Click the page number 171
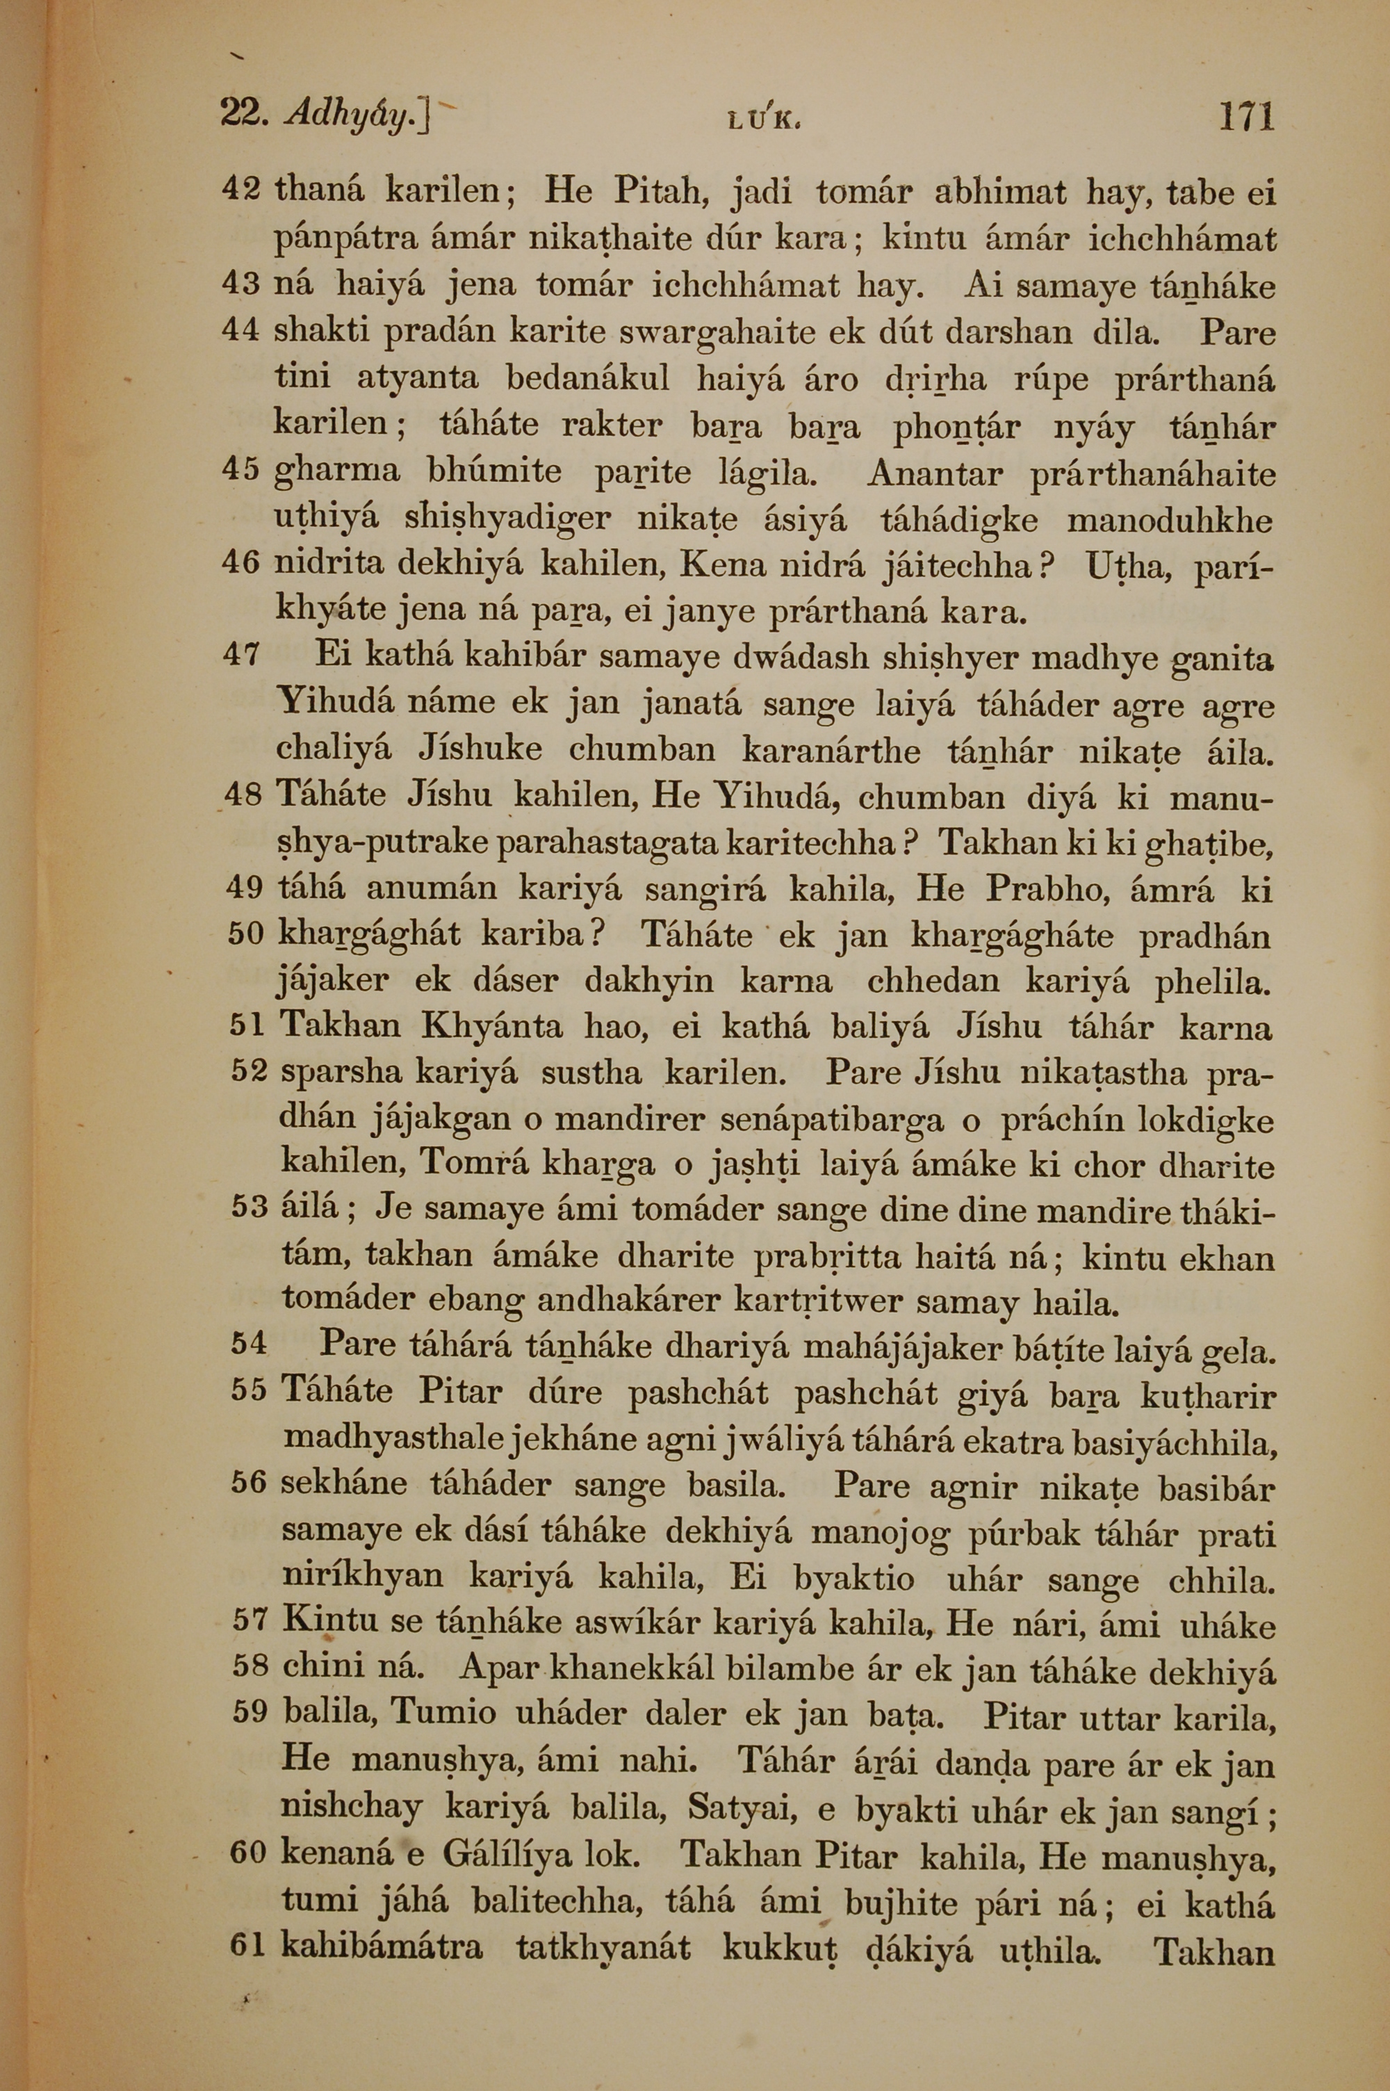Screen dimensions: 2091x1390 pyautogui.click(x=1245, y=116)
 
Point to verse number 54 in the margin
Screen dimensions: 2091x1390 pyautogui.click(x=248, y=1343)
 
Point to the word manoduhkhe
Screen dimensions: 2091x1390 pyautogui.click(x=1170, y=519)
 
